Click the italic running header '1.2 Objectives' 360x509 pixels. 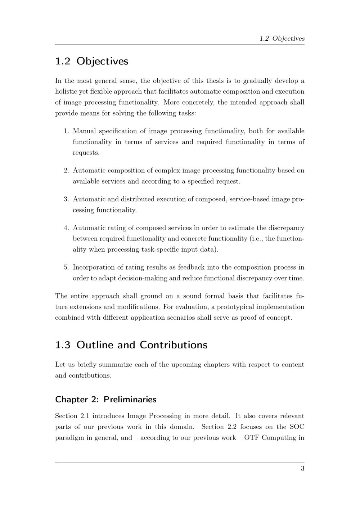pos(282,39)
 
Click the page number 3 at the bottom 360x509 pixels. pos(302,468)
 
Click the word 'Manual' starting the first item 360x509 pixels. pos(84,131)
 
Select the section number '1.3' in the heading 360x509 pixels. pos(63,345)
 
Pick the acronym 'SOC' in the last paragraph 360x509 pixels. pos(297,427)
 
